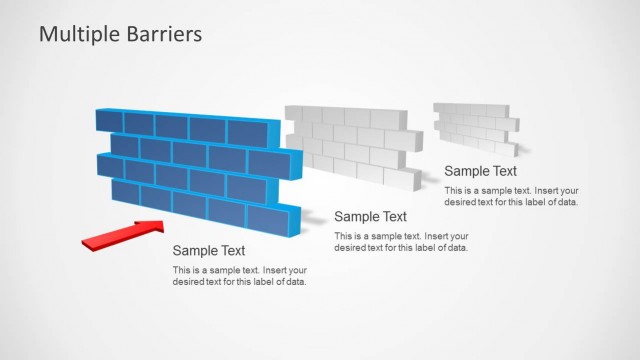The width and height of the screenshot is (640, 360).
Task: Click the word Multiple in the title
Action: pos(75,34)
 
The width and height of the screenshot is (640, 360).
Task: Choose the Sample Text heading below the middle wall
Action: pos(370,216)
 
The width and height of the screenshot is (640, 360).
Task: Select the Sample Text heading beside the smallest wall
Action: pos(481,170)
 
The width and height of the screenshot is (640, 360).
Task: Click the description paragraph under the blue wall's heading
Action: pos(240,276)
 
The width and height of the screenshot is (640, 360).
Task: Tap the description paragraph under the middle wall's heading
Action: pos(401,241)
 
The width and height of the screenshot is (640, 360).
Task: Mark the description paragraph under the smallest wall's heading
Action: pos(511,195)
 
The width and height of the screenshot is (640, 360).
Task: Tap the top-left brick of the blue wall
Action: pos(108,123)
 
